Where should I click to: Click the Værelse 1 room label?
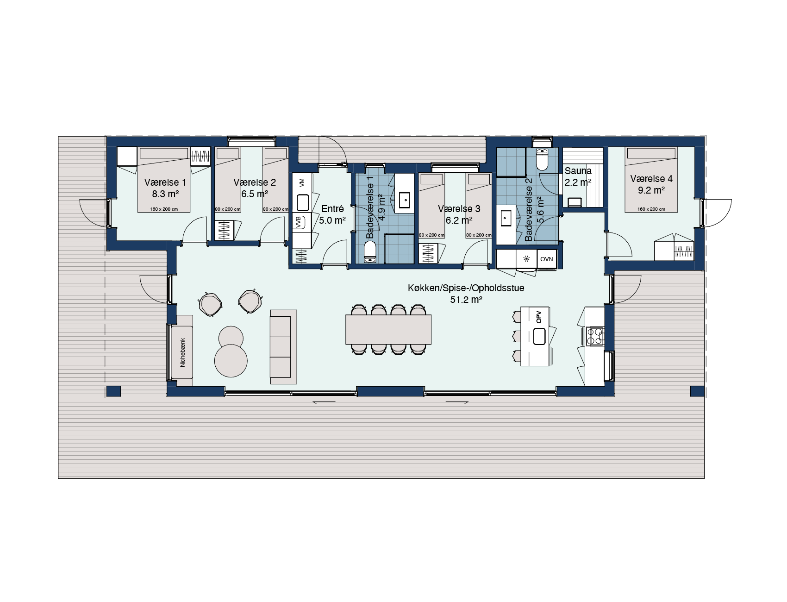[x=165, y=182]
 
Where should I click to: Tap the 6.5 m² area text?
[x=254, y=194]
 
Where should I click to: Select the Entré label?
[x=332, y=209]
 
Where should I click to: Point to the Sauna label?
[x=578, y=171]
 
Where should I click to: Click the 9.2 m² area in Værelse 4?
[x=651, y=190]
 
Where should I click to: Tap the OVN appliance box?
[x=547, y=259]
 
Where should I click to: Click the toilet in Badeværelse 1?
[x=370, y=253]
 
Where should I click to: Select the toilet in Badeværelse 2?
[x=541, y=160]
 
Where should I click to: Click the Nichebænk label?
[x=182, y=352]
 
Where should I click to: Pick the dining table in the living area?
[x=388, y=329]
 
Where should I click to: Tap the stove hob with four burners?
[x=595, y=336]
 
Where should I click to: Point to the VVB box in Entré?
[x=300, y=222]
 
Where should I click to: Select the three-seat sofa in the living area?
[x=283, y=347]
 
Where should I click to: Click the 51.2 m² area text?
[x=466, y=300]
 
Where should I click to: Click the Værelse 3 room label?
[x=459, y=209]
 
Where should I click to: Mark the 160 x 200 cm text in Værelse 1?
[x=164, y=209]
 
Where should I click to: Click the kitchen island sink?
[x=540, y=336]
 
